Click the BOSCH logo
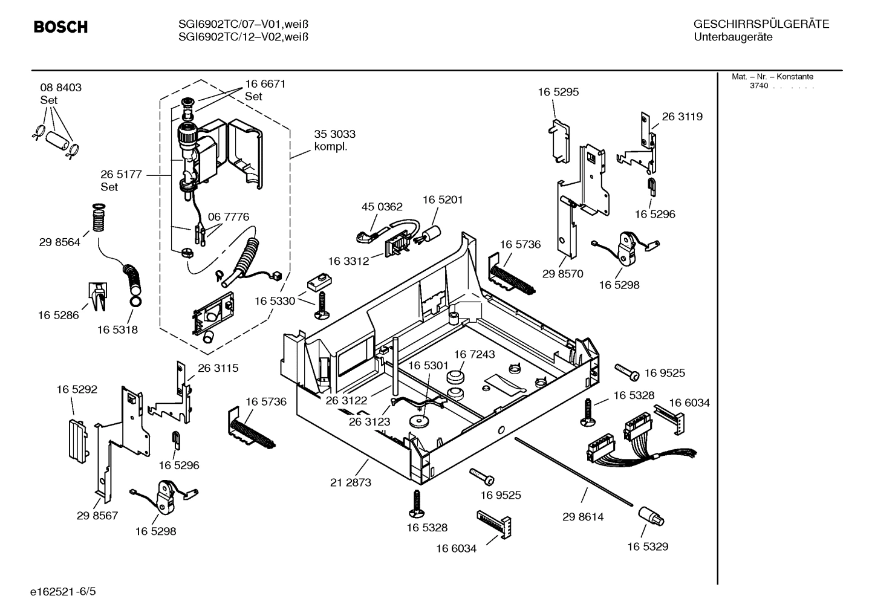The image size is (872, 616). [60, 27]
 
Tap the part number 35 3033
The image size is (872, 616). [334, 134]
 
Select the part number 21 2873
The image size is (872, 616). [351, 482]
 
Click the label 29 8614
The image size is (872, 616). [583, 517]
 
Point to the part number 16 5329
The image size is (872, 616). [647, 546]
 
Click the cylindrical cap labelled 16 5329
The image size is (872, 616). [650, 517]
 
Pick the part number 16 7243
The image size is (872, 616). [474, 354]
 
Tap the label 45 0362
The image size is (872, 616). [382, 207]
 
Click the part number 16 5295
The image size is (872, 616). [558, 92]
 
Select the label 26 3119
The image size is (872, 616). [682, 117]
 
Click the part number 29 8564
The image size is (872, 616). [59, 242]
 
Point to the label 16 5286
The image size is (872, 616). [58, 315]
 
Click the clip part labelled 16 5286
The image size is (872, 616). [99, 296]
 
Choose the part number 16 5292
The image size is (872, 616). [77, 389]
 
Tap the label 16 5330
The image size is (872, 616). [275, 301]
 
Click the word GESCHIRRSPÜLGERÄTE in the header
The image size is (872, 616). [761, 24]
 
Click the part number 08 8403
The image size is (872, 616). [60, 88]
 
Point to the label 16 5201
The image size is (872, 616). [443, 199]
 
